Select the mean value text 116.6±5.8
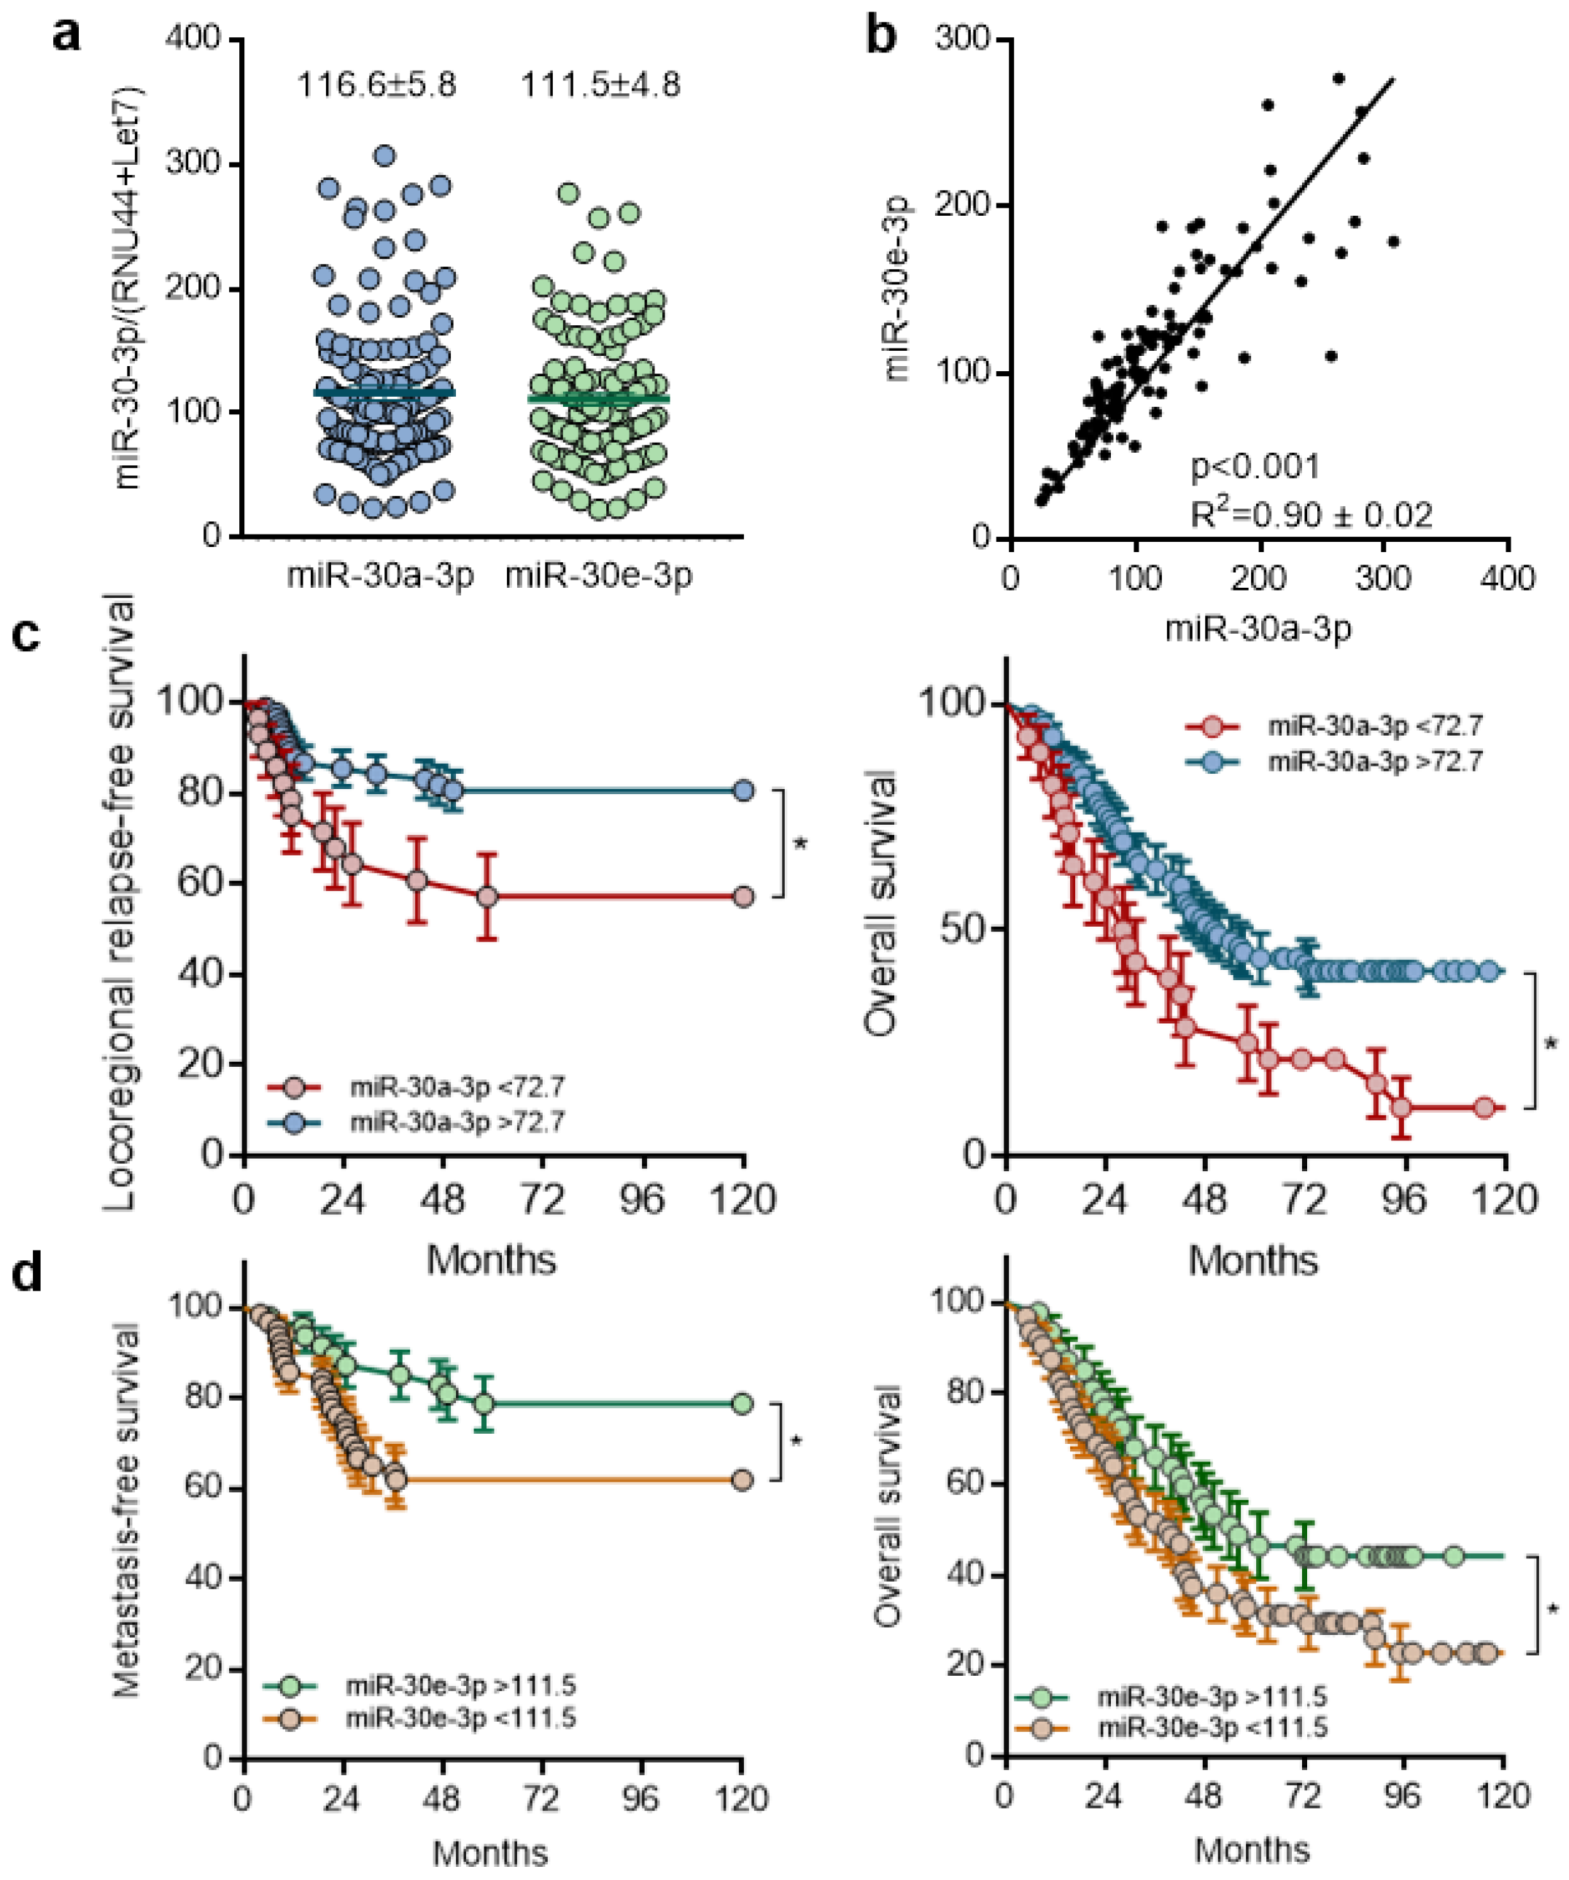coord(377,85)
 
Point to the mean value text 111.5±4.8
coord(601,85)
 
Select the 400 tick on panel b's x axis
coord(1508,578)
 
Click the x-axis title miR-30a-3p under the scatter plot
coord(1258,629)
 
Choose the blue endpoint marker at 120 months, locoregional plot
coord(743,791)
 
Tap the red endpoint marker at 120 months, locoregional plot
coord(743,897)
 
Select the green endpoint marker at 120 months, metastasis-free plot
coord(742,1403)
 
